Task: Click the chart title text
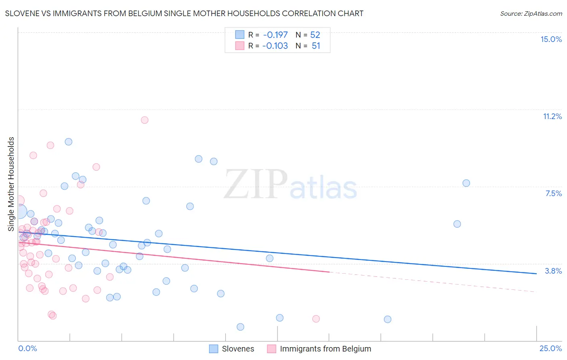pyautogui.click(x=184, y=13)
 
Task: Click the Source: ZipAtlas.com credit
pyautogui.click(x=531, y=13)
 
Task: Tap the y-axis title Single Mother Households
pyautogui.click(x=11, y=184)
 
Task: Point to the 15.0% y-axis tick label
pyautogui.click(x=551, y=39)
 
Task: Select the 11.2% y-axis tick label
pyautogui.click(x=552, y=116)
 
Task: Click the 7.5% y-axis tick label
pyautogui.click(x=553, y=193)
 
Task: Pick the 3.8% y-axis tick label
pyautogui.click(x=553, y=271)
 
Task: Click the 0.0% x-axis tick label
pyautogui.click(x=27, y=348)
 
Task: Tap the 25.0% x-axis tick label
pyautogui.click(x=550, y=348)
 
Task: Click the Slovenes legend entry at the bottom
pyautogui.click(x=238, y=349)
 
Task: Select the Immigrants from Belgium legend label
pyautogui.click(x=325, y=349)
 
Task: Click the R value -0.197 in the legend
pyautogui.click(x=275, y=35)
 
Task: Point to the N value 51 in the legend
pyautogui.click(x=316, y=46)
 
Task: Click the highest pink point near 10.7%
pyautogui.click(x=144, y=120)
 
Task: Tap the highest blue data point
pyautogui.click(x=69, y=142)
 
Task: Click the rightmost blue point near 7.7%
pyautogui.click(x=466, y=183)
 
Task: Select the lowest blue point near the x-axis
pyautogui.click(x=240, y=327)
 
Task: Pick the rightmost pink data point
pyautogui.click(x=316, y=319)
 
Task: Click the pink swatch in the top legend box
pyautogui.click(x=240, y=46)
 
